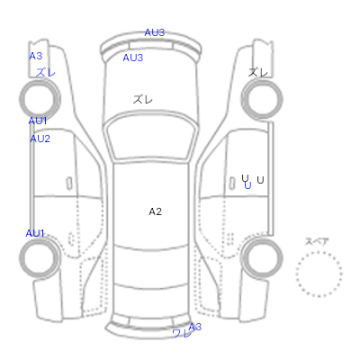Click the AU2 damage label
(40, 139)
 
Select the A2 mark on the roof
(156, 211)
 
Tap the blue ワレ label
(182, 333)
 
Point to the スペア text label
(317, 241)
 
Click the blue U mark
(247, 185)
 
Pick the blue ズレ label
(46, 72)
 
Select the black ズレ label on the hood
(143, 99)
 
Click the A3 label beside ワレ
(195, 327)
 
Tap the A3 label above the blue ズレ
(36, 56)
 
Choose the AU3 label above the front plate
(155, 32)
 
